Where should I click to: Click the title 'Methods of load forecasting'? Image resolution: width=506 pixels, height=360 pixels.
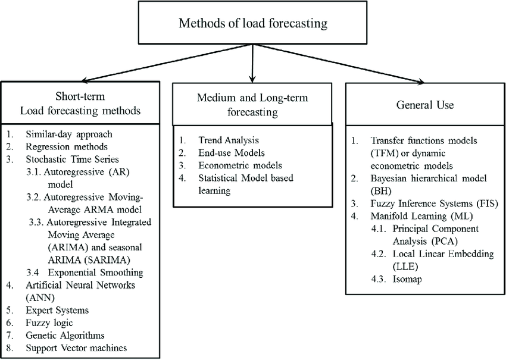[x=253, y=24]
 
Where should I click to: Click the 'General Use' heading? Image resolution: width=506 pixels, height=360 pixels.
[x=425, y=105]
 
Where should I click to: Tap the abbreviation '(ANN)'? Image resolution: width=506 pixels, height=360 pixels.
[x=39, y=297]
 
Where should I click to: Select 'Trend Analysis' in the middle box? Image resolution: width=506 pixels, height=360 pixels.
[x=229, y=140]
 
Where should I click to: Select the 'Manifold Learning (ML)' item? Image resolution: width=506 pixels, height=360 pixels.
[x=415, y=215]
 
